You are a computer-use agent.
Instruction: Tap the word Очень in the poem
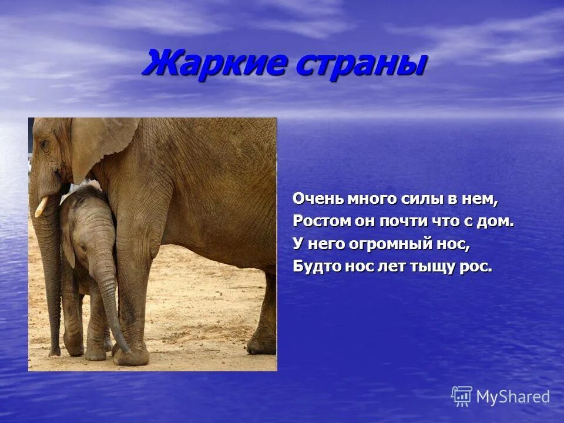pos(317,200)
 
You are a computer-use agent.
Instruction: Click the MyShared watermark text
pos(512,397)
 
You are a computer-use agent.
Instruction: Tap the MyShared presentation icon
pos(462,397)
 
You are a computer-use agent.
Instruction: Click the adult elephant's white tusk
pos(41,206)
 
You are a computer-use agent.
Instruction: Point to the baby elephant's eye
pos(84,248)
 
